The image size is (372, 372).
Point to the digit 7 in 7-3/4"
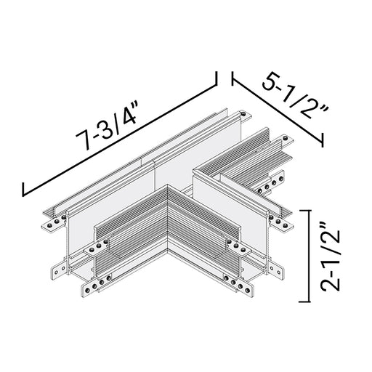click(82, 140)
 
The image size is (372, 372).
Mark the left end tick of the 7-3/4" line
click(23, 189)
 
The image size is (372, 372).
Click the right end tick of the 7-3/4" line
click(216, 78)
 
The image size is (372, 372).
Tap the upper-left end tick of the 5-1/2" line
click(232, 78)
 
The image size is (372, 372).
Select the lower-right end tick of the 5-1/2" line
click(323, 139)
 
